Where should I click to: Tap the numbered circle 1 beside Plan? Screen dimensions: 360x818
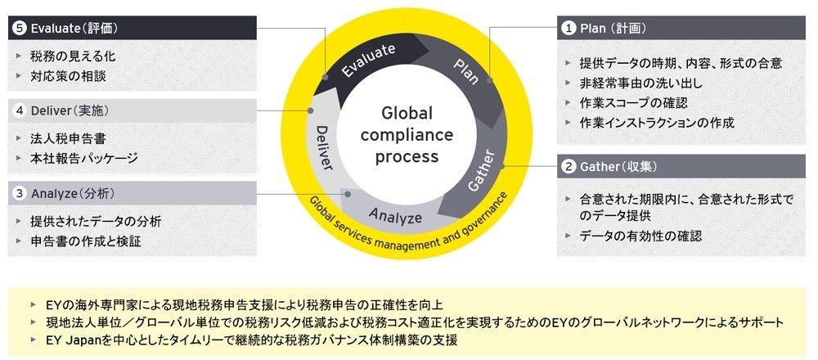pyautogui.click(x=567, y=28)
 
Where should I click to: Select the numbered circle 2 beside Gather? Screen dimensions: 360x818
pyautogui.click(x=567, y=167)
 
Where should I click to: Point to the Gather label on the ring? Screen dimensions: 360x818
pyautogui.click(x=481, y=171)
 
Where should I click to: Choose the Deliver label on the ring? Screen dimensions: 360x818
pyautogui.click(x=322, y=147)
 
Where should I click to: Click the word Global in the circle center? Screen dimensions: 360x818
pyautogui.click(x=407, y=114)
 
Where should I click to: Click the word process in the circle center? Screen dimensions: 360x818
pyautogui.click(x=407, y=155)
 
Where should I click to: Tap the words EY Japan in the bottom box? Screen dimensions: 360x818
pyautogui.click(x=82, y=339)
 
